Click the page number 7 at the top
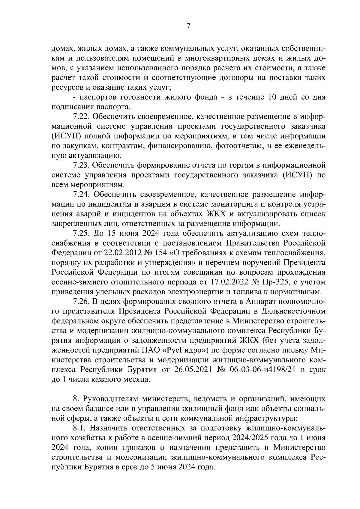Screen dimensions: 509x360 [x=188, y=26]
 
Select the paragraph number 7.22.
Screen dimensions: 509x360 [x=81, y=116]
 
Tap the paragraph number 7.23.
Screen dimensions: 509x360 [x=81, y=165]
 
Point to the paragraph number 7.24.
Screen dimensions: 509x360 [x=81, y=195]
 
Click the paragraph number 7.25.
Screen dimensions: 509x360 [x=81, y=234]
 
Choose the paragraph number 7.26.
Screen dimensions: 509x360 [x=81, y=301]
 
